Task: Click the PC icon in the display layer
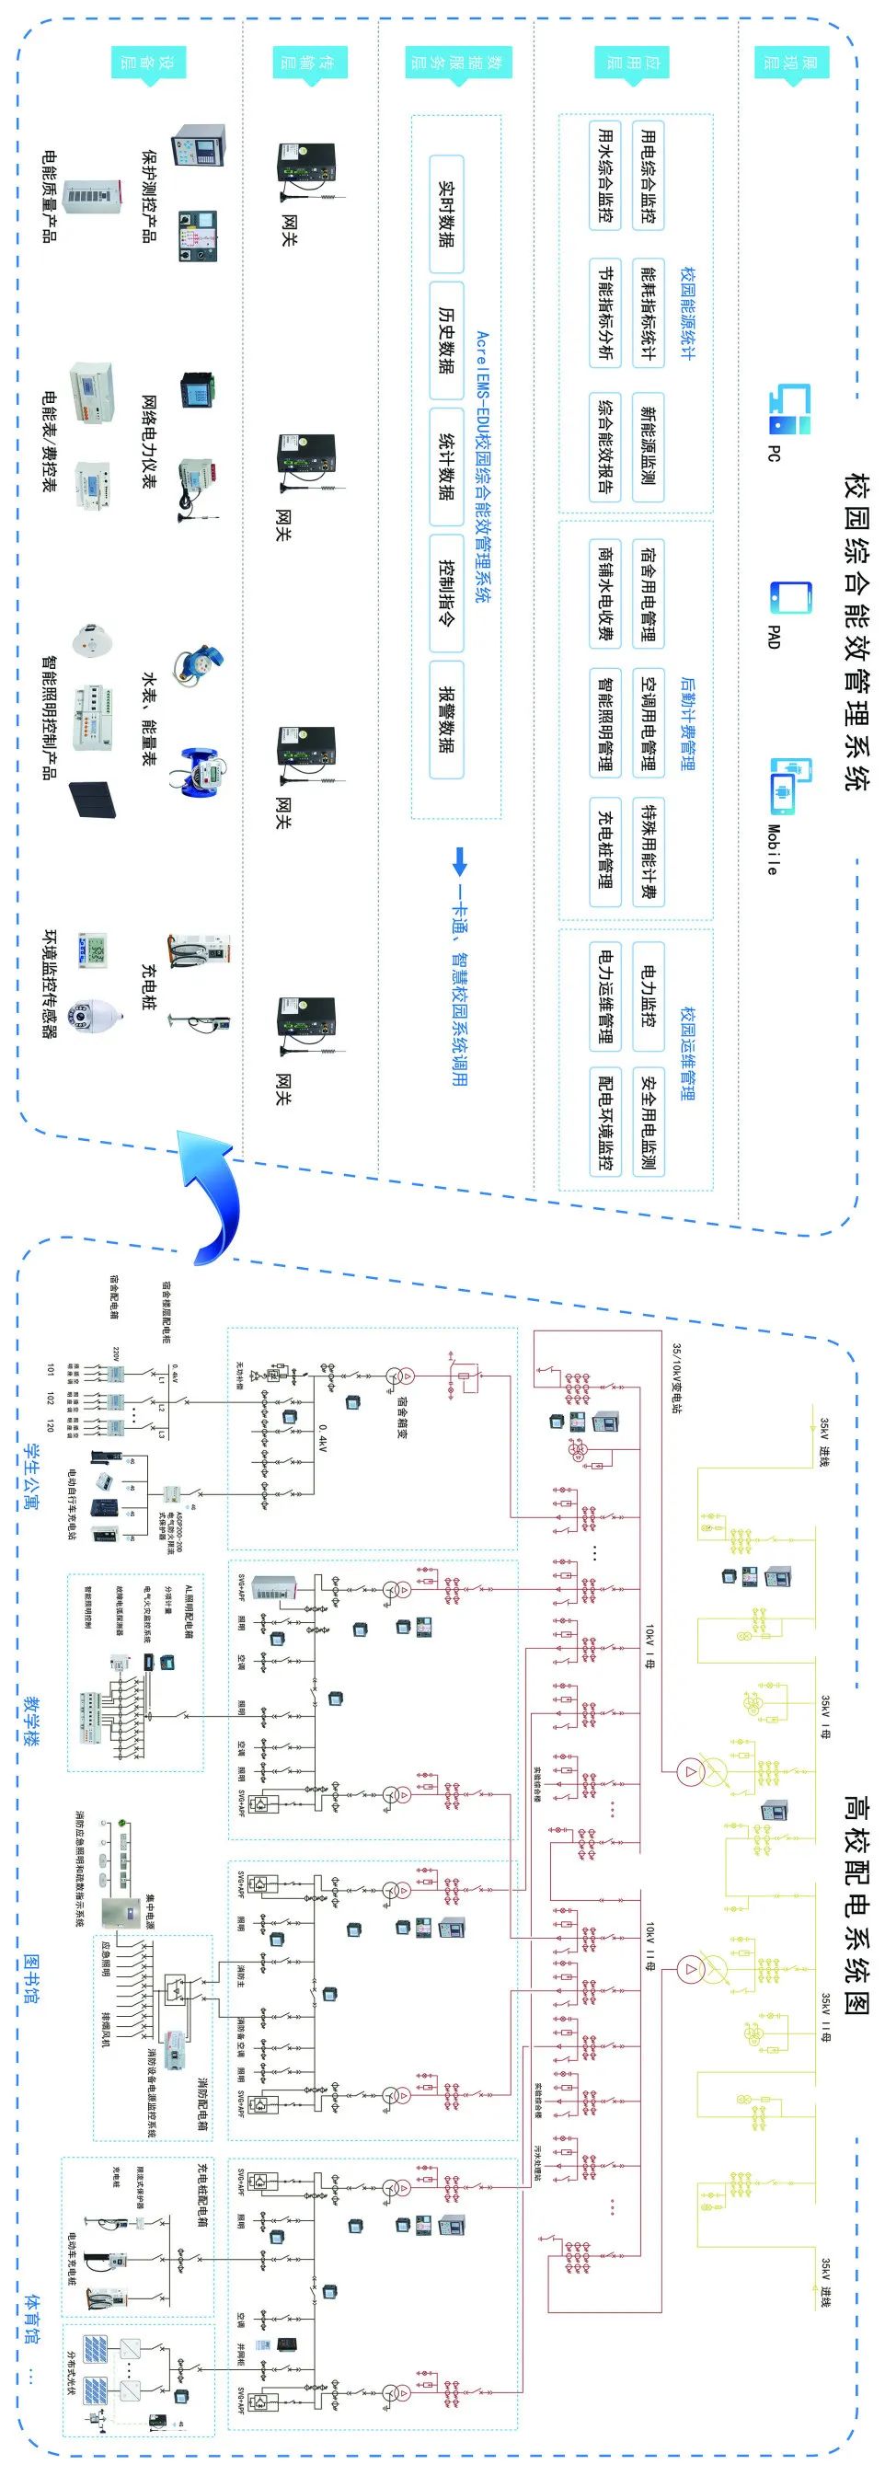tap(790, 408)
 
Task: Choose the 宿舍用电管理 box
tap(648, 593)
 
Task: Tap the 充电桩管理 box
tap(604, 849)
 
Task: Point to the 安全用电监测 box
tap(648, 1121)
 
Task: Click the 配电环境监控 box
tap(604, 1121)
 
